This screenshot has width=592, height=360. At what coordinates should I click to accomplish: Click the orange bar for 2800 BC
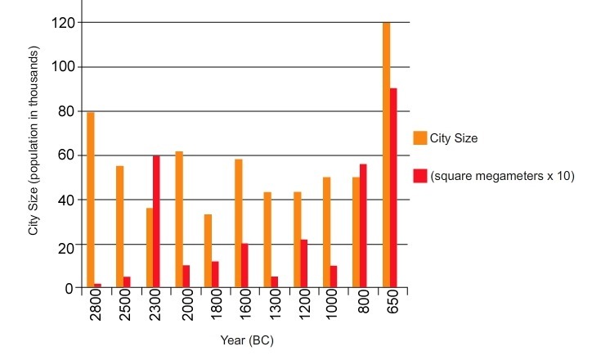[x=90, y=200]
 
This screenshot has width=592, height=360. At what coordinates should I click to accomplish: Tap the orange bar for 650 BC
[x=386, y=155]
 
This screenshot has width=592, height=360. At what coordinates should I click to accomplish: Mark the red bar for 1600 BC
[x=245, y=266]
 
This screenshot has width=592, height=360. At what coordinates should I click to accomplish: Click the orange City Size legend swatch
[x=420, y=138]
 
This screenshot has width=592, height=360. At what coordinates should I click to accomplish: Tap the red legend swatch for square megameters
[x=420, y=175]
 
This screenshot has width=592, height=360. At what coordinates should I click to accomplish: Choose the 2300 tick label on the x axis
[x=153, y=308]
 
